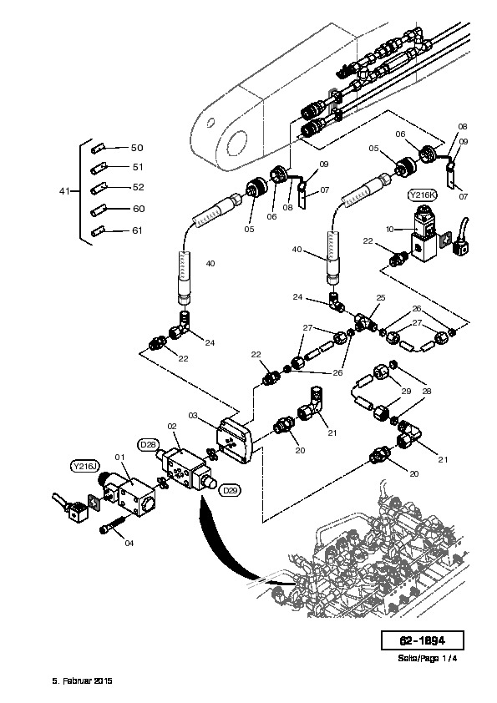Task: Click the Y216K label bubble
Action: pos(422,195)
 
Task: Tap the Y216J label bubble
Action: pos(84,466)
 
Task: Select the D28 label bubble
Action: pos(148,445)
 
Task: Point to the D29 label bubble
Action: pos(230,490)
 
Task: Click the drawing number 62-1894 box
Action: pos(422,640)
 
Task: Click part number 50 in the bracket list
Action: pos(137,148)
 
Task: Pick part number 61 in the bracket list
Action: pos(137,230)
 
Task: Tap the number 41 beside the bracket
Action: pos(64,191)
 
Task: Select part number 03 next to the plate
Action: pos(193,416)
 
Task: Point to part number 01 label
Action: pos(119,458)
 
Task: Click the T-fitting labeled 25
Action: pos(365,323)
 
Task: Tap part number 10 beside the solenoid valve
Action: pos(390,229)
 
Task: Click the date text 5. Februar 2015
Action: pos(82,680)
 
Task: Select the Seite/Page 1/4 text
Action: pos(427,658)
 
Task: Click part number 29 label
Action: pos(406,391)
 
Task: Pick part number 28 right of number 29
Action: pos(427,391)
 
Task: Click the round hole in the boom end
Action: pos(237,143)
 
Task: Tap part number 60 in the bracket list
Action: pos(139,209)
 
